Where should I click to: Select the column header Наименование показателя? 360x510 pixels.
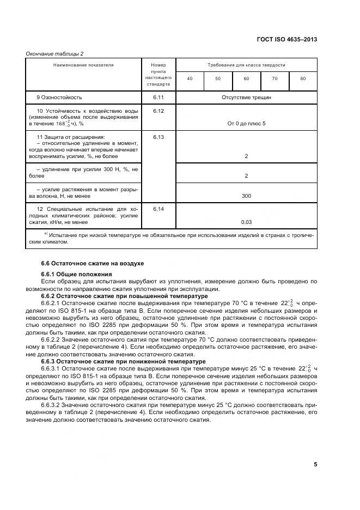point(83,65)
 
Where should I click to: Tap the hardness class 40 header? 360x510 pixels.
point(190,79)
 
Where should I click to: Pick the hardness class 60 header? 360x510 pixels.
point(246,79)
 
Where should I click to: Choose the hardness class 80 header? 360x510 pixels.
point(303,79)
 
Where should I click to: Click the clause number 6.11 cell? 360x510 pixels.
point(158,98)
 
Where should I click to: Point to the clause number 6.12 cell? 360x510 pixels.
point(158,111)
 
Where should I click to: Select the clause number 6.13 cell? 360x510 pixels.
point(158,137)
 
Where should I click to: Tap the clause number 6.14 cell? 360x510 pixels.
point(158,209)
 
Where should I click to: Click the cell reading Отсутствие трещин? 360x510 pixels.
point(246,98)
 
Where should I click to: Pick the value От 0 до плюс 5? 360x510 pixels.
point(246,124)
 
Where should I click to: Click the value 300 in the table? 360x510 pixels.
point(246,196)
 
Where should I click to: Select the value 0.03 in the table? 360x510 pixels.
point(246,222)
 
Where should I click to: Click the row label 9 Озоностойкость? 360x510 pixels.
point(59,98)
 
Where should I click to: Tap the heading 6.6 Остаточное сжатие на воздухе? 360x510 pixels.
point(85,263)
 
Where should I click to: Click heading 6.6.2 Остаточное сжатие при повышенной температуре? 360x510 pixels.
point(118,296)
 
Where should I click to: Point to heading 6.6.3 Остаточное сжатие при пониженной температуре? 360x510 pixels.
point(116,361)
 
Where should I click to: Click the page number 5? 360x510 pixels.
point(315,464)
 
